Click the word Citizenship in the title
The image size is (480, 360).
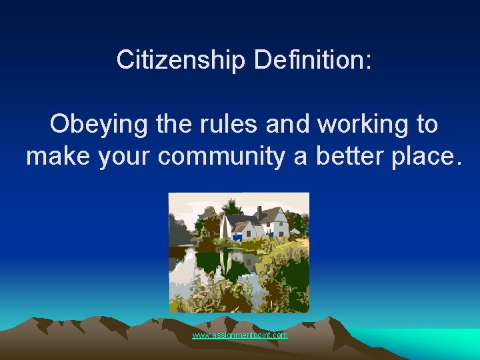pos(181,59)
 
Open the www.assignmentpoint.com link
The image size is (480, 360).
pos(240,335)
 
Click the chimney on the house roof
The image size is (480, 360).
pos(259,212)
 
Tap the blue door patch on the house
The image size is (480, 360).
pos(237,236)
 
